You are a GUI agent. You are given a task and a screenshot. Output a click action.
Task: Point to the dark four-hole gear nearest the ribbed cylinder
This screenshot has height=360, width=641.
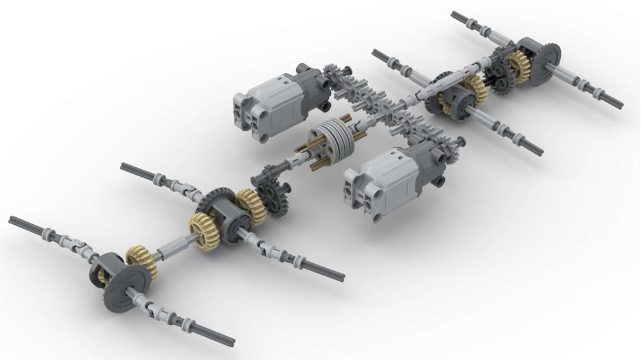pyautogui.click(x=277, y=198)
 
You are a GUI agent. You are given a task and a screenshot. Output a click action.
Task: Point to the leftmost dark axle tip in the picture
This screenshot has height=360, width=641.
pyautogui.click(x=12, y=219)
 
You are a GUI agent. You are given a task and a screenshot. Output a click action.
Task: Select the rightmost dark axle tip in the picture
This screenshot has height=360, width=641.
pyautogui.click(x=619, y=102)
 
